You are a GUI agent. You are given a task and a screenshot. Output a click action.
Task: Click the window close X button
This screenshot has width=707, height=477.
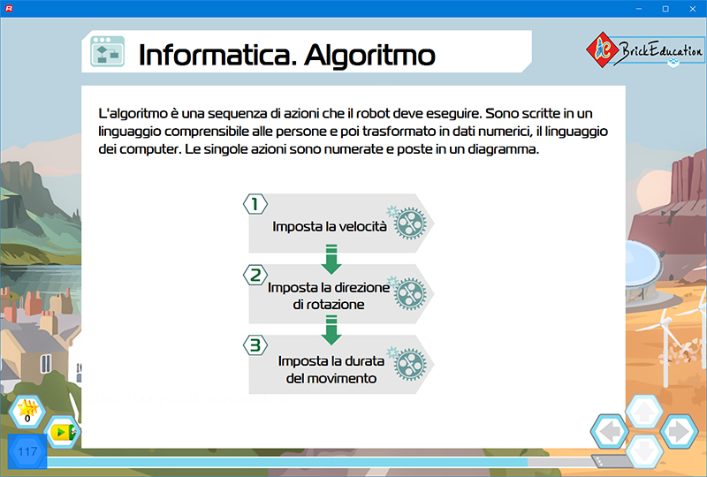pos(693,9)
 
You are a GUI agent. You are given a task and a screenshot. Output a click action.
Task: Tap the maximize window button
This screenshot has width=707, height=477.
pos(665,9)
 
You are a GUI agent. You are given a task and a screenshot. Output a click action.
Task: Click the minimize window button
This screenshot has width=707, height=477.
pos(638,9)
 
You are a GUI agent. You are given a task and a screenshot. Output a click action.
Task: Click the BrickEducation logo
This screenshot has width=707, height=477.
pos(645,50)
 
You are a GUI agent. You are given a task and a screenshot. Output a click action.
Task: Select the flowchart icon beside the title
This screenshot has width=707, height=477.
pos(107,51)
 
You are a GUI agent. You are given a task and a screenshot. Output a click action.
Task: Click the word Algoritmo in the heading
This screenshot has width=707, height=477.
pos(369,56)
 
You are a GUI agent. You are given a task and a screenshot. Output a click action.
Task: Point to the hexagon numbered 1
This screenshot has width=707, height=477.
pos(255,204)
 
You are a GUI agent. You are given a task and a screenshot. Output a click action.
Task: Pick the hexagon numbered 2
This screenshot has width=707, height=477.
pos(255,275)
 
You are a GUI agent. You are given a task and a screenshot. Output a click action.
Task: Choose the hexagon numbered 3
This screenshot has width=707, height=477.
pos(255,345)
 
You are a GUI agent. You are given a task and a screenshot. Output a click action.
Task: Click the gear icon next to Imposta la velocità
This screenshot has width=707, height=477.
pos(408,223)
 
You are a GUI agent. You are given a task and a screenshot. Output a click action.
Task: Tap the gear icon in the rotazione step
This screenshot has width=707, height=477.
pos(408,293)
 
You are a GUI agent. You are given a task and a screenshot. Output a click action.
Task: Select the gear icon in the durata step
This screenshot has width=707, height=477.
pos(408,363)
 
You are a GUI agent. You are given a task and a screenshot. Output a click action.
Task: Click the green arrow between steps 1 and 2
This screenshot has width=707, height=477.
pos(331,259)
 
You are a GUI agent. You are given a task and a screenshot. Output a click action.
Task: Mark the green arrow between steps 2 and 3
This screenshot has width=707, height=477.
pos(331,330)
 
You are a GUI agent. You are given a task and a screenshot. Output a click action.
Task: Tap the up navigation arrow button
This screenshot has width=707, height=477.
pos(644,412)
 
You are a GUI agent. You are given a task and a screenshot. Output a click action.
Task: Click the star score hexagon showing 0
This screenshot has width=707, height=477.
pos(27,412)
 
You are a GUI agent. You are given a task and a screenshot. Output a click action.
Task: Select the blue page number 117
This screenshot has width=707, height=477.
pos(27,451)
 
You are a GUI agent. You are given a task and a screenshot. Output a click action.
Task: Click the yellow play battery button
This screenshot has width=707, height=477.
pos(63,432)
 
